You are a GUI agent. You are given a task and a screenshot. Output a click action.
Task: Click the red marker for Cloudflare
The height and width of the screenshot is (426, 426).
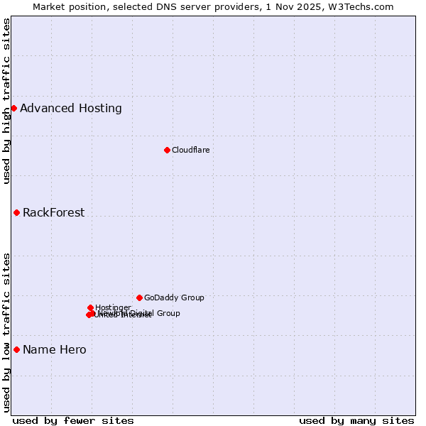click(x=167, y=150)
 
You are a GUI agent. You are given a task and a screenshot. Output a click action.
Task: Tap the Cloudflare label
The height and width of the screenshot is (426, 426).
click(x=190, y=150)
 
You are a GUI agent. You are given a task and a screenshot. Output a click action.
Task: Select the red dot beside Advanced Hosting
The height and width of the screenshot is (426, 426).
click(x=13, y=108)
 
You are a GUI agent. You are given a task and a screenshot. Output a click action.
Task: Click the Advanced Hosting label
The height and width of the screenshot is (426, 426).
click(x=71, y=109)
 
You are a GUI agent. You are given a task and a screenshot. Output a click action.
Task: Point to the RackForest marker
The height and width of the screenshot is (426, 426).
click(x=16, y=212)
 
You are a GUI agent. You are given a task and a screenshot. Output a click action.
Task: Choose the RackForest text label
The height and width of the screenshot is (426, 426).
click(x=53, y=213)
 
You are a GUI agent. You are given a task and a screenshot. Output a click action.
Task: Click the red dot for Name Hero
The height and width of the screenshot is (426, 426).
click(x=16, y=349)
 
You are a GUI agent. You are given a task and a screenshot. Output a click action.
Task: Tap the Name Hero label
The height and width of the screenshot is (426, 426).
click(x=55, y=350)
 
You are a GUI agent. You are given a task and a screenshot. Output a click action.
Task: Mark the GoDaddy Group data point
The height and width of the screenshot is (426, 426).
click(x=139, y=297)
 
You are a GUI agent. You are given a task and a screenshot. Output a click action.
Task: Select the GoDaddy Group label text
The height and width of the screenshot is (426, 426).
click(x=174, y=298)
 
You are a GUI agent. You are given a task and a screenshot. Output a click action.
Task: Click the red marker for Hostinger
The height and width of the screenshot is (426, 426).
click(x=90, y=307)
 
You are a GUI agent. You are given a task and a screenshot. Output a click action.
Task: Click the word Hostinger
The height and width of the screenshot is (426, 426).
click(x=113, y=307)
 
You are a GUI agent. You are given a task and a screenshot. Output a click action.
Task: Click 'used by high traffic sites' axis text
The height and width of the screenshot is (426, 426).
click(x=6, y=101)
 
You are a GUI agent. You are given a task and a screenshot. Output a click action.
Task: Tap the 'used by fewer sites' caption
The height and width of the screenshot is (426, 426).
click(x=73, y=420)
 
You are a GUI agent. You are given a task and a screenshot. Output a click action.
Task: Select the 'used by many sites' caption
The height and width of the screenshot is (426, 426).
click(x=356, y=420)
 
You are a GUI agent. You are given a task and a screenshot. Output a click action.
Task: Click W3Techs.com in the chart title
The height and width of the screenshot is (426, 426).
click(x=365, y=6)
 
